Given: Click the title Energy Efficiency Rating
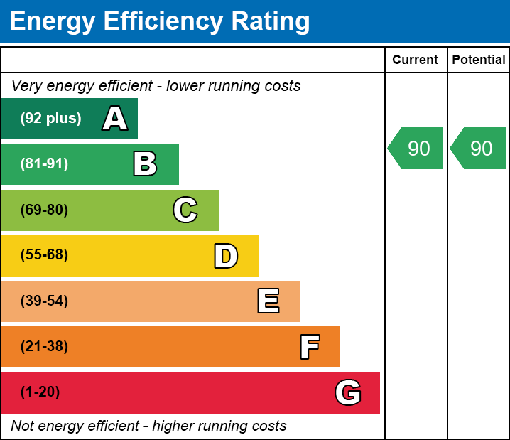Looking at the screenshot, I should coord(160,21).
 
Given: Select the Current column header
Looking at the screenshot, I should coord(416,60).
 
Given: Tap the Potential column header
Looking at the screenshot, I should coord(479,60).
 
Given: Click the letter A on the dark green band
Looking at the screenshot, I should coord(115,119).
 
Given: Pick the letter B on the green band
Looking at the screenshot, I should coord(145,164).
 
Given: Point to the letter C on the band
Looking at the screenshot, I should coord(185,210).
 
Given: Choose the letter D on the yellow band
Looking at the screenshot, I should coord(226,256).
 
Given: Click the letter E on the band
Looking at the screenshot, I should coord(268,301).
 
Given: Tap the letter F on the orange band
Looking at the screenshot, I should coord(309,347).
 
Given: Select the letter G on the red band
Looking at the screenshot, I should coord(348,392).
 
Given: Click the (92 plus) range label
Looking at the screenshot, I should coord(50,119).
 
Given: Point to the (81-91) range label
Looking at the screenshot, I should coord(44,164).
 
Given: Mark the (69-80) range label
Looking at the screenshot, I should coord(44,210).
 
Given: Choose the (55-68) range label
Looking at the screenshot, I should coord(44,256).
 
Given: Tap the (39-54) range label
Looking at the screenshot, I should coord(44,301).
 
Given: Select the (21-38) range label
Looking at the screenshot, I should coord(44,347).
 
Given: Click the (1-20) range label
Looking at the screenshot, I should coord(40,392).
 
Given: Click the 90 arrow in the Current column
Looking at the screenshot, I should coord(417,149).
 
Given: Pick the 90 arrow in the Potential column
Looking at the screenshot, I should coord(479,149).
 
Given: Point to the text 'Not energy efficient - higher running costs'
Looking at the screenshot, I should coord(149,426).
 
